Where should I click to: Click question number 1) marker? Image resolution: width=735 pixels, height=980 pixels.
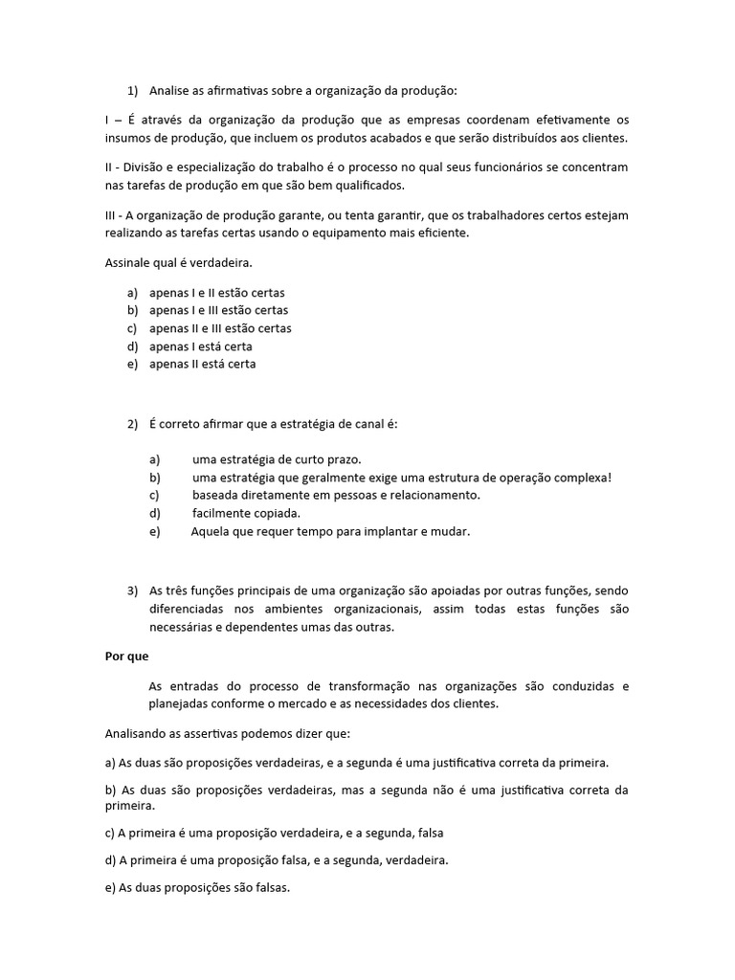click(x=132, y=91)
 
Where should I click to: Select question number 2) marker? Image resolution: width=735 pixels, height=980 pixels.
click(x=132, y=424)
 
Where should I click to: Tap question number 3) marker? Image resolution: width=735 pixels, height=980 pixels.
click(x=132, y=590)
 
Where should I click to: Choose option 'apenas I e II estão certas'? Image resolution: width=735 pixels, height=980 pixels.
click(x=217, y=292)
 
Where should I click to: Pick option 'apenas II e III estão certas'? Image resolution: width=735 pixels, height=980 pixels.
click(x=220, y=328)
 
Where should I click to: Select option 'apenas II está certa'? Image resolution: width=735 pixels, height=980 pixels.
click(x=203, y=364)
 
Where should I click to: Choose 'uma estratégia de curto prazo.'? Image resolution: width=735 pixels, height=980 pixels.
click(x=277, y=459)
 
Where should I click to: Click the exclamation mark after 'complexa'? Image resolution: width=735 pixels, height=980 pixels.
click(x=609, y=478)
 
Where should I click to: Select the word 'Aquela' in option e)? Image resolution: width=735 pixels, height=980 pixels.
click(x=211, y=531)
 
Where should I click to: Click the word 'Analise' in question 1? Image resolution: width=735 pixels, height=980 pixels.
click(x=170, y=91)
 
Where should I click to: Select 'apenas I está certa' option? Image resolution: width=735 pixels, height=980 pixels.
click(x=201, y=345)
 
